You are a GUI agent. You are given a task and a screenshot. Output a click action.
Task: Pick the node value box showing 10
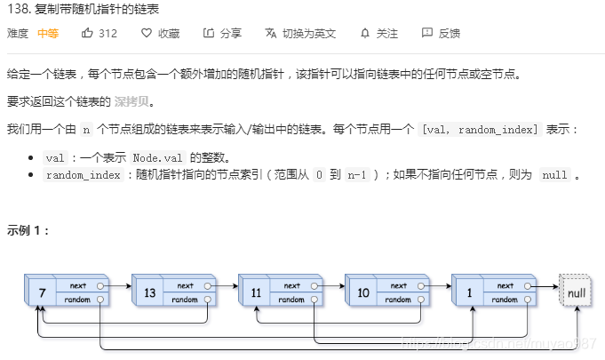click(x=362, y=292)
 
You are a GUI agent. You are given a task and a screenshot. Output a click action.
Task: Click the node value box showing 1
click(x=468, y=292)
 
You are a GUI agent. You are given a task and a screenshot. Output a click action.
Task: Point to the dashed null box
click(x=574, y=292)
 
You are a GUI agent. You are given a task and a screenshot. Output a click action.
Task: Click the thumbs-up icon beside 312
click(x=87, y=33)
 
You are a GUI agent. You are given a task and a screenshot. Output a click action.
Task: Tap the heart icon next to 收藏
click(x=146, y=33)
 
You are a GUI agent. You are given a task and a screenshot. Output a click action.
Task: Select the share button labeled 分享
click(x=222, y=33)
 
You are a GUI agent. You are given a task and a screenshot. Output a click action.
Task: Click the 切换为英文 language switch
click(x=300, y=33)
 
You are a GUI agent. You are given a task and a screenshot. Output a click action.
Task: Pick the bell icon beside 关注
click(x=365, y=33)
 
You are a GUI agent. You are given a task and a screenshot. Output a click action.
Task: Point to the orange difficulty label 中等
click(x=48, y=33)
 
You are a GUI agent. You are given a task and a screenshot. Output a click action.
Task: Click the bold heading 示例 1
click(x=28, y=229)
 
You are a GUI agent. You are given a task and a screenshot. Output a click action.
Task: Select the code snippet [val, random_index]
click(x=480, y=130)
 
